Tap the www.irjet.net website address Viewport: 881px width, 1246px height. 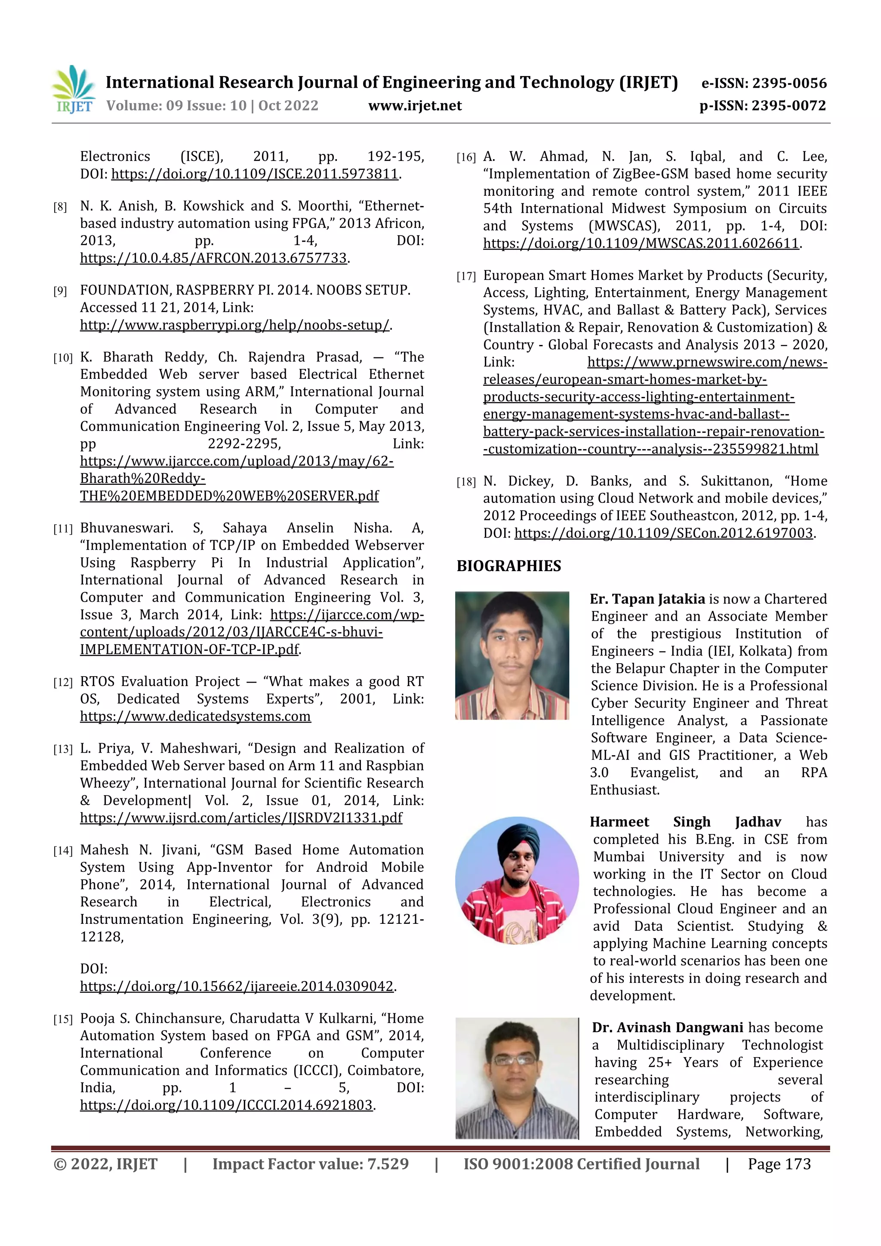point(415,106)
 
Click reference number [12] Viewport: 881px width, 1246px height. point(62,683)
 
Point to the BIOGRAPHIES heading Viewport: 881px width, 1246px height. point(508,566)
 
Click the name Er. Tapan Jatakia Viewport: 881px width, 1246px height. point(647,599)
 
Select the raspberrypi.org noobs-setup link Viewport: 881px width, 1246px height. point(234,325)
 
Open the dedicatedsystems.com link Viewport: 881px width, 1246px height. point(195,717)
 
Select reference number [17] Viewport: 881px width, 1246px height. point(466,277)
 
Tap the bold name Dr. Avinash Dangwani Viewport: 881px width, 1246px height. point(667,1028)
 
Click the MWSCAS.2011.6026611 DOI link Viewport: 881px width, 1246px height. point(641,244)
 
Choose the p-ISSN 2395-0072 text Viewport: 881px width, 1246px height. point(762,106)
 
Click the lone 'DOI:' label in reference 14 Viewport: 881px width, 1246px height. point(94,969)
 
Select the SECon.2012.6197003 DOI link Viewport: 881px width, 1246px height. point(663,533)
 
